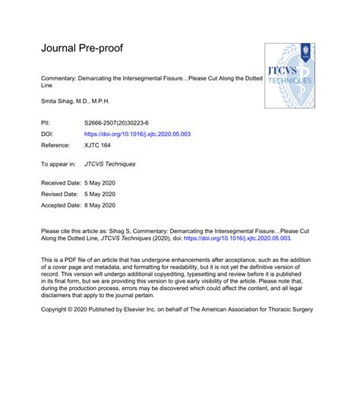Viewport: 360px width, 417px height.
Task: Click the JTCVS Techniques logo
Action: (x=289, y=74)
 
